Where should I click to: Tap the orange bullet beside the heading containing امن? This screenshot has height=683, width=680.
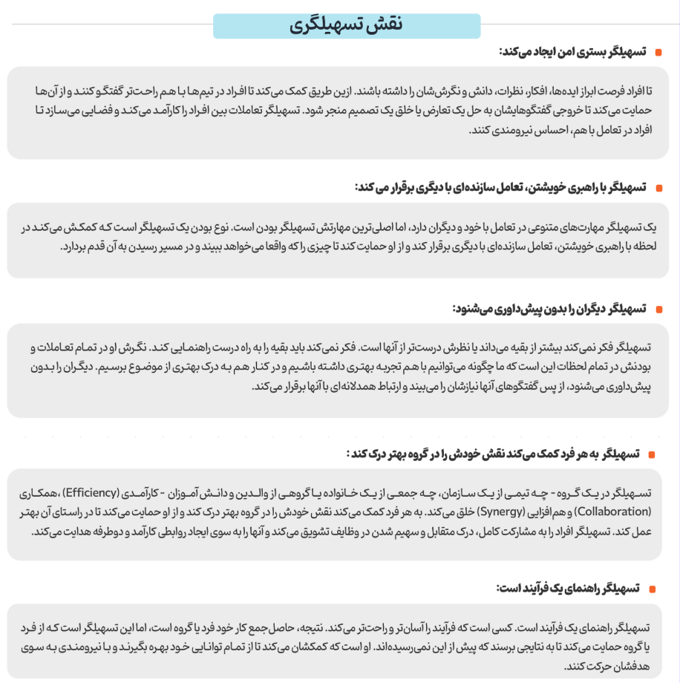tap(658, 53)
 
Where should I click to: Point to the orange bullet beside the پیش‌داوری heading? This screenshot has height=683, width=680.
tap(658, 309)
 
